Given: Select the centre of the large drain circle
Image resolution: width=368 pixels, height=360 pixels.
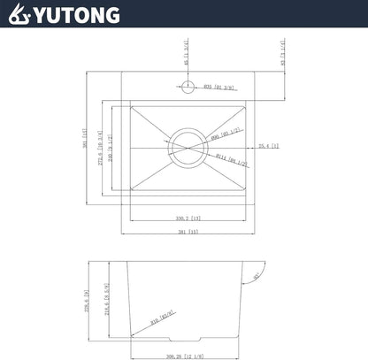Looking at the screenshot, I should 187,147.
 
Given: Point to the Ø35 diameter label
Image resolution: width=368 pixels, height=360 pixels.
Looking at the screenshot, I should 217,87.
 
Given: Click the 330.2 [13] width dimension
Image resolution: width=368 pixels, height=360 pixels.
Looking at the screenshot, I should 187,217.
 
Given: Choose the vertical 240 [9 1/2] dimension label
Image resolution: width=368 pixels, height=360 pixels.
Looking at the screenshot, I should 112,147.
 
